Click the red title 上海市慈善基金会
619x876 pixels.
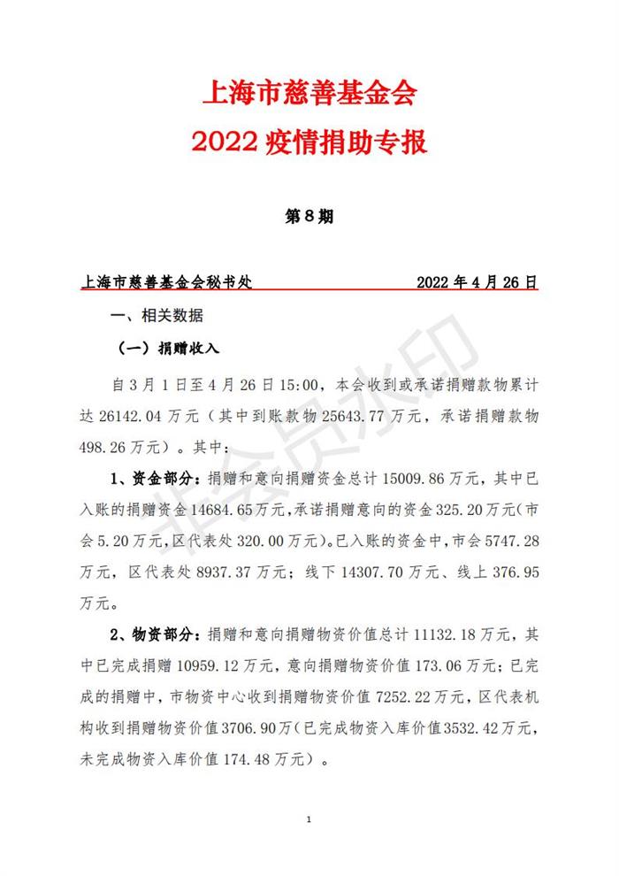point(309,91)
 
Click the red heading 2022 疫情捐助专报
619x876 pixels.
point(309,142)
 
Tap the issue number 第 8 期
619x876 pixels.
point(309,217)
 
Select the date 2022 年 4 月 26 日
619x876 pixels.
point(477,283)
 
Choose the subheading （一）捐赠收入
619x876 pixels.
point(168,350)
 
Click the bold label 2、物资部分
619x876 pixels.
point(157,634)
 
